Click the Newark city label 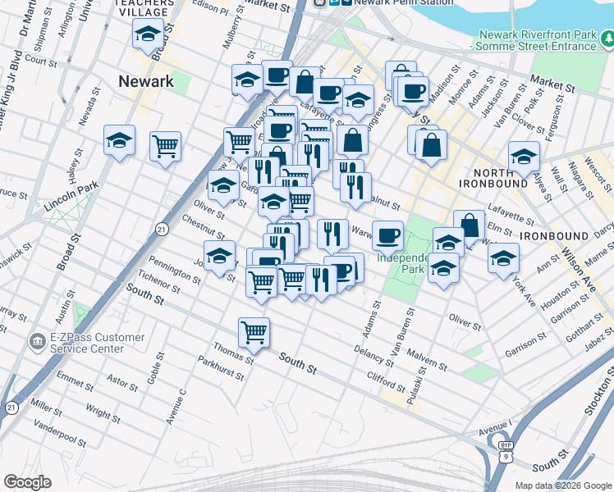click(x=146, y=81)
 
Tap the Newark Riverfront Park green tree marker click(x=607, y=38)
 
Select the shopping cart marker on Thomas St click(x=254, y=332)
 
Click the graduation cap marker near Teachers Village click(x=147, y=34)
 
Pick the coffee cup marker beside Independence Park click(x=387, y=235)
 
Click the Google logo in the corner click(x=28, y=482)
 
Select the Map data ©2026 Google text click(x=563, y=485)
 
